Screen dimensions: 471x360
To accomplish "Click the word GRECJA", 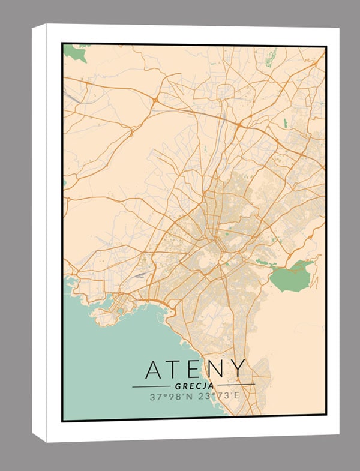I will click(195, 386).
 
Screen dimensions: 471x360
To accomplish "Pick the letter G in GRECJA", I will click(179, 386).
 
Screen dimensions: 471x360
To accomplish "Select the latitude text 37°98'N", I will click(170, 397).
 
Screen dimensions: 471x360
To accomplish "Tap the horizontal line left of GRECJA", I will click(151, 386).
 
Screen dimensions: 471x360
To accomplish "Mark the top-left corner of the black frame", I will click(63, 44).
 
